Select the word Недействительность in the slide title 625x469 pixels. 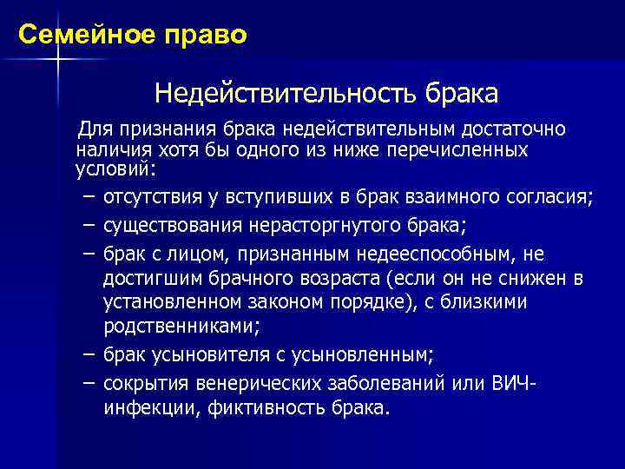click(x=286, y=91)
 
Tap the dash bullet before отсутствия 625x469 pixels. click(x=89, y=197)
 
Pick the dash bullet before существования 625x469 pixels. click(x=89, y=226)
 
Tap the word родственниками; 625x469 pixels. click(x=181, y=327)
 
